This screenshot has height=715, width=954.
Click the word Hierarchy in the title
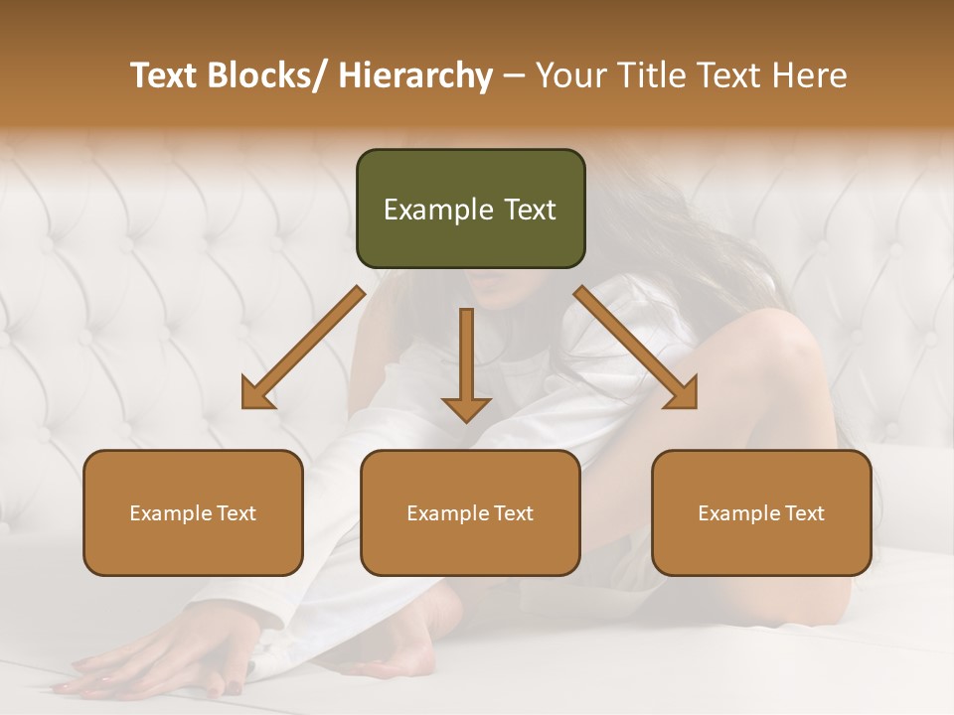(x=415, y=75)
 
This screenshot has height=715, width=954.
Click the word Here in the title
(x=809, y=75)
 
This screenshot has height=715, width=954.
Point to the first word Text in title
(x=165, y=75)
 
